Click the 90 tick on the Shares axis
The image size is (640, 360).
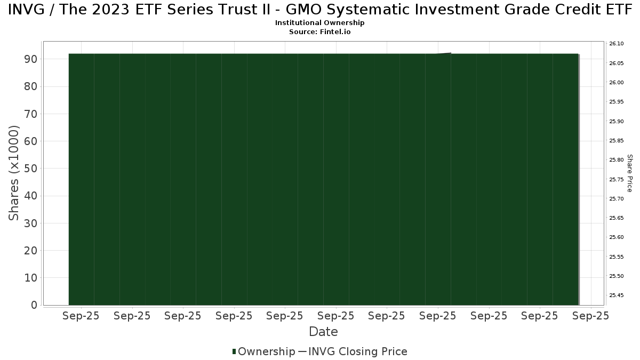[30, 59]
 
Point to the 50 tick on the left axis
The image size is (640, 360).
[30, 169]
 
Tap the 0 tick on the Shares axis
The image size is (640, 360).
[34, 305]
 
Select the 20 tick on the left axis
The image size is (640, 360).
[30, 250]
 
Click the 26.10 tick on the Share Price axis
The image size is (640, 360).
[617, 43]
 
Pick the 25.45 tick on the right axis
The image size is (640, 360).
[617, 295]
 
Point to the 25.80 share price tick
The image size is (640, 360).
[617, 159]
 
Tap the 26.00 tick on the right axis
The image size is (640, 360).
[617, 82]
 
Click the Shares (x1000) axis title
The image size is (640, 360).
[14, 173]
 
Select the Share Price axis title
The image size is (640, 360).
[630, 173]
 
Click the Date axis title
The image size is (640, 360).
[323, 332]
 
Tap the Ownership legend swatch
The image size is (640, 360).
[234, 351]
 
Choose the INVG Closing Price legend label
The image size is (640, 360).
[358, 351]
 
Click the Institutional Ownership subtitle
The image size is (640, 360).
[319, 23]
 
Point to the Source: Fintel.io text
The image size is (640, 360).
[319, 31]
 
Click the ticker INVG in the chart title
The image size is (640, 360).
[26, 10]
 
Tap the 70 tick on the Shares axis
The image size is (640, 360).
[30, 114]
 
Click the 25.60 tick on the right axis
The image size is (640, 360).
[617, 237]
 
